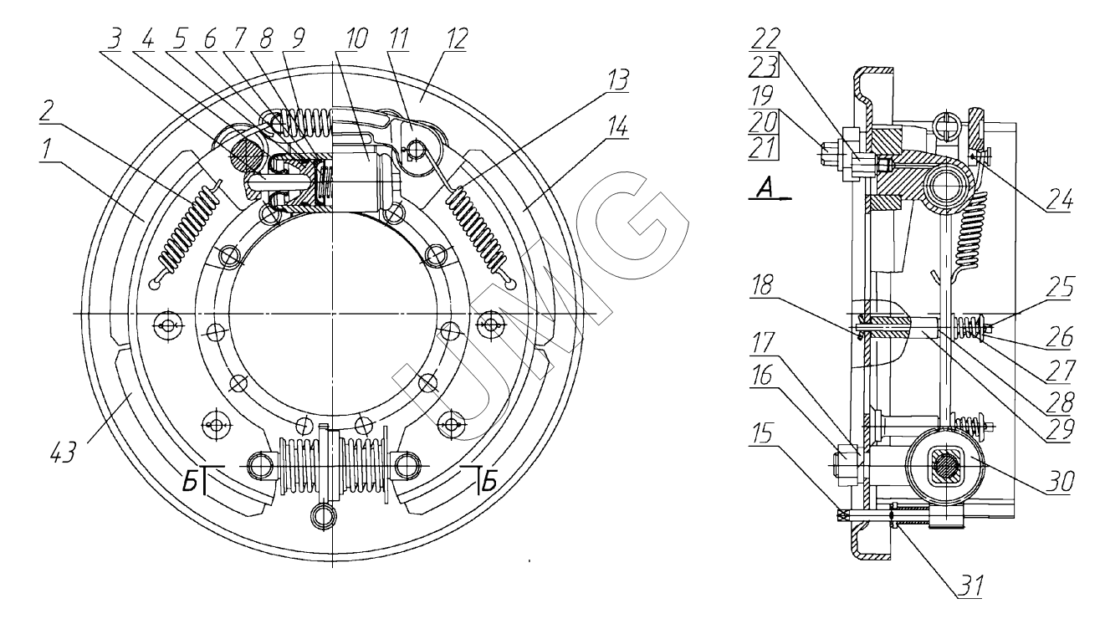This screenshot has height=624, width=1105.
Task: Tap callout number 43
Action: coord(63,453)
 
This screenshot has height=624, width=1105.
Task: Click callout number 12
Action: coord(456,39)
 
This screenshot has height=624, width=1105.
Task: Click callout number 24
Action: coord(1060,202)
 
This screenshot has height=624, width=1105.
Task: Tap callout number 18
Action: coord(763,284)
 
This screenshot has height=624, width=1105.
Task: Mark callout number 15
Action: coord(763,433)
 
